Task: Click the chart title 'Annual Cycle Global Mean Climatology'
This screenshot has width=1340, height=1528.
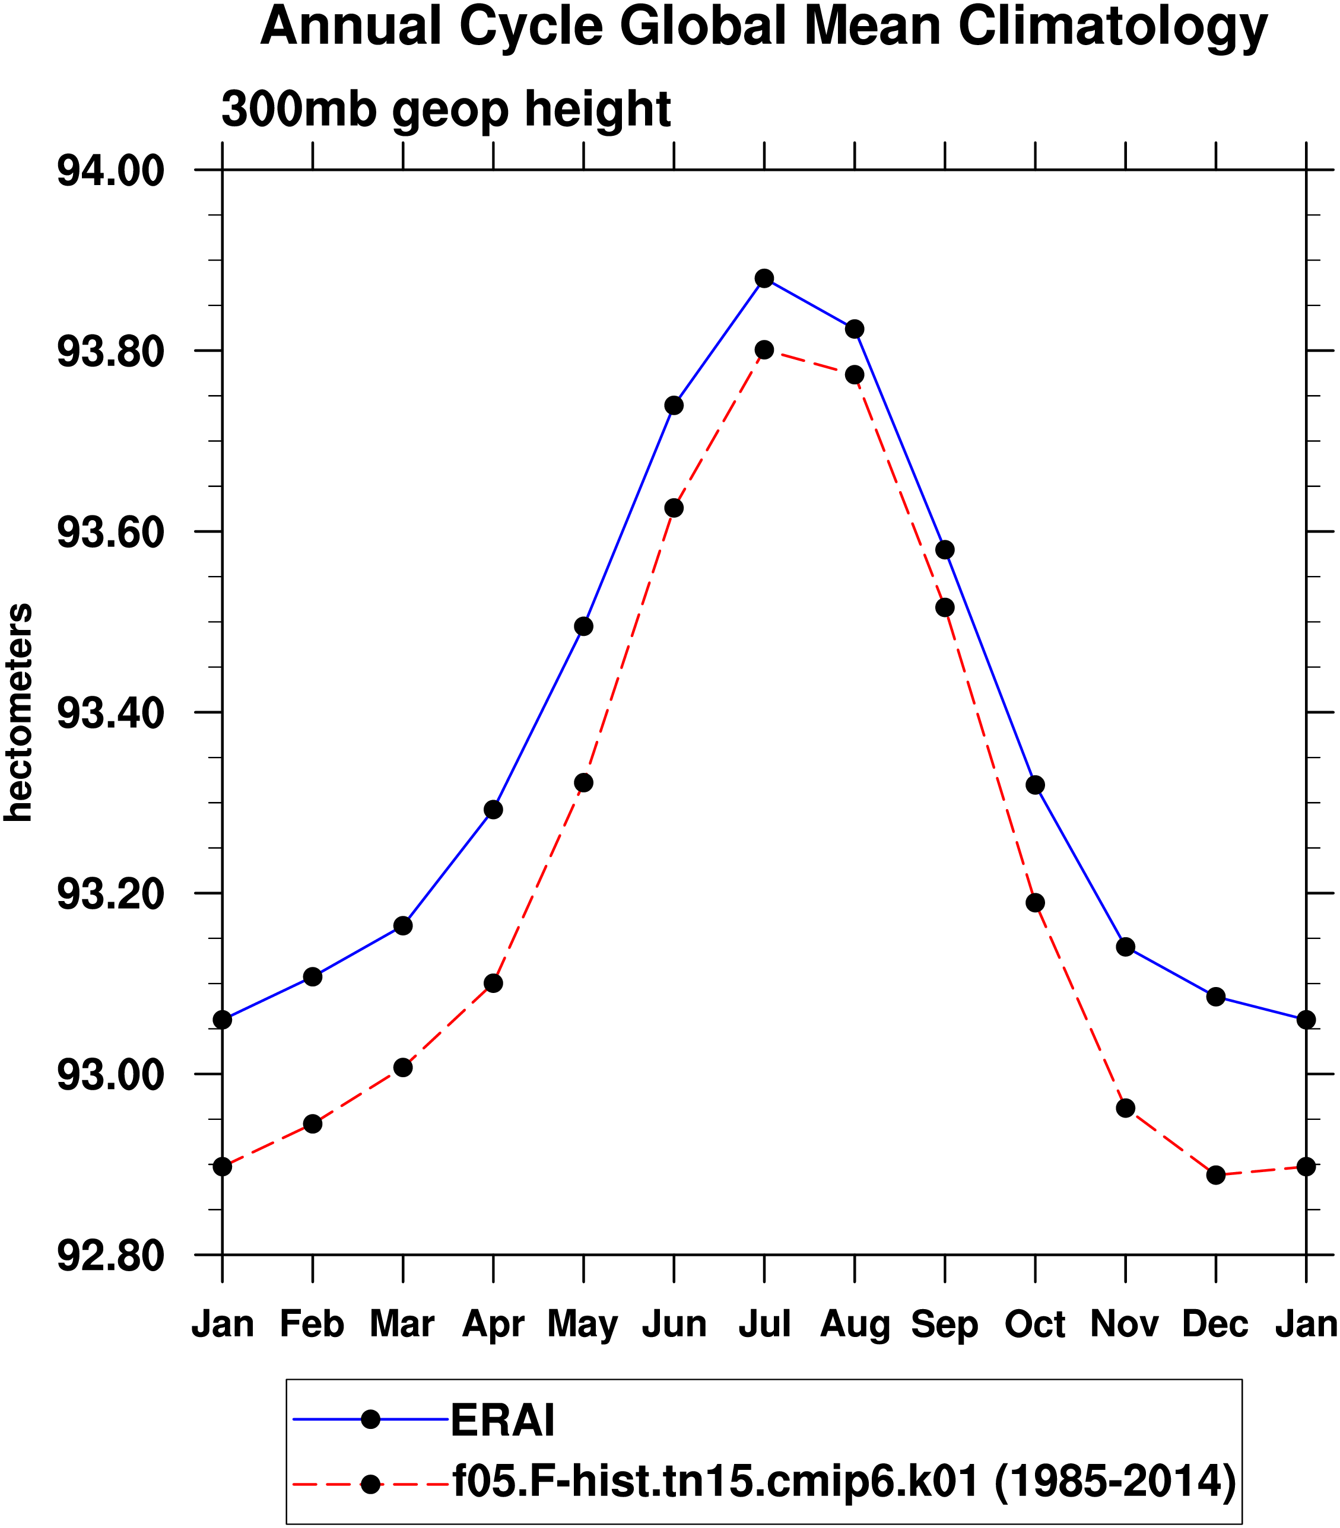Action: click(x=764, y=27)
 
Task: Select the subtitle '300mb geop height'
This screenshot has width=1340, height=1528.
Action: click(x=446, y=110)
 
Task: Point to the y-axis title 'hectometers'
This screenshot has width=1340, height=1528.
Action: click(x=19, y=712)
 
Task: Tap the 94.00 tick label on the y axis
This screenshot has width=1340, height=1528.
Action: click(x=110, y=171)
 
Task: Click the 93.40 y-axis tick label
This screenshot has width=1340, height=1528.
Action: click(x=110, y=713)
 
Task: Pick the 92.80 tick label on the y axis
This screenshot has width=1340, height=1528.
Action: click(x=110, y=1256)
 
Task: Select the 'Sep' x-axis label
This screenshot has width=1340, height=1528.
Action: click(x=944, y=1326)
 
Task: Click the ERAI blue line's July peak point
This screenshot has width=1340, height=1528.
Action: click(x=764, y=279)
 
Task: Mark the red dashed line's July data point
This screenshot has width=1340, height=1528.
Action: click(x=764, y=350)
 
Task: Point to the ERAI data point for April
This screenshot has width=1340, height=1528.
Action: click(x=494, y=810)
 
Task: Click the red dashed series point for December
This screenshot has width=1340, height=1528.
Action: click(x=1216, y=1175)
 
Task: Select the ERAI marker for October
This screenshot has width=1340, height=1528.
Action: click(x=1036, y=785)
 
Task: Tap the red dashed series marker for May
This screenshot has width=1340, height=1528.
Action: click(x=584, y=783)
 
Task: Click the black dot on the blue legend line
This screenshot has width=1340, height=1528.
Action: click(x=370, y=1419)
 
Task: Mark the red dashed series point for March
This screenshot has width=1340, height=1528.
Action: click(x=403, y=1068)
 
